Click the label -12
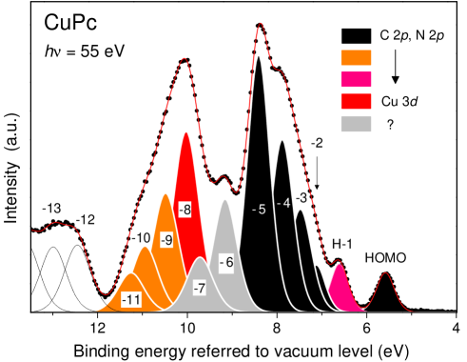coord(86,220)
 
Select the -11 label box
coord(131,300)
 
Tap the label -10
coord(141,238)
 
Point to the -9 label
coord(166,240)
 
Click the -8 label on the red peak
coord(185,210)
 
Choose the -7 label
coord(199,288)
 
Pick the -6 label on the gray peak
coord(226,262)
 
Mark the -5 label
coord(259,209)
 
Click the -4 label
coord(283,204)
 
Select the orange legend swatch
coord(356,58)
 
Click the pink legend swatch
coord(356,80)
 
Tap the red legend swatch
coord(356,102)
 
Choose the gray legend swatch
coord(356,124)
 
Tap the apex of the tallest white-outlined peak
coord(258,56)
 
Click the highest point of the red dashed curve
coord(261,24)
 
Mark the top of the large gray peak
coord(225,199)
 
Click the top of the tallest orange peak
coord(165,193)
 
